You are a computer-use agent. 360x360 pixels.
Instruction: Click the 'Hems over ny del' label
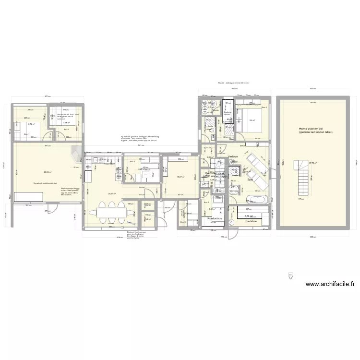[315, 130]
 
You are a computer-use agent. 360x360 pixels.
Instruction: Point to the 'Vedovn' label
[233, 156]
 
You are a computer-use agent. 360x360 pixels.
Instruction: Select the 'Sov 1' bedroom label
[27, 134]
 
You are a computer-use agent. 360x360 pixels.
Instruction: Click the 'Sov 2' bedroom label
[66, 130]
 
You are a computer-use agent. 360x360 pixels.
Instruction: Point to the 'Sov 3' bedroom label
[132, 162]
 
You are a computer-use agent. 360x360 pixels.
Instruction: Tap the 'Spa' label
[250, 180]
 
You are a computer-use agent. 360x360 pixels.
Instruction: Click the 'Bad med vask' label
[215, 173]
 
